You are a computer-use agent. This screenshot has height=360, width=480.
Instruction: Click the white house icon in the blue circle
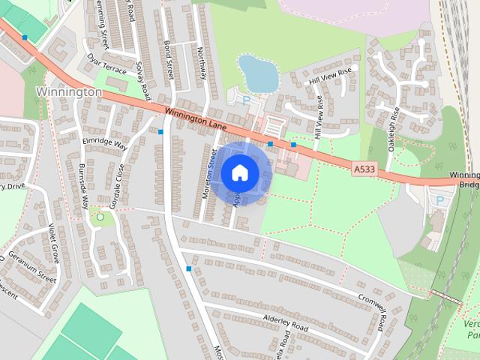pos(238,172)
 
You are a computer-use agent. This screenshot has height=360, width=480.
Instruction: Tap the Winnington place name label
pos(68,91)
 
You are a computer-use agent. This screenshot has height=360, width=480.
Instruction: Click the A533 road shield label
pos(364,171)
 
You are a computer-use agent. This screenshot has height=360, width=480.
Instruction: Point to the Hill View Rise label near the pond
pos(331,74)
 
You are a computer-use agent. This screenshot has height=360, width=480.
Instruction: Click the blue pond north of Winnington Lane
pos(259,73)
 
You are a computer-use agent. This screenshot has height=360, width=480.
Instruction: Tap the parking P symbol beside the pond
pos(245,99)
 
